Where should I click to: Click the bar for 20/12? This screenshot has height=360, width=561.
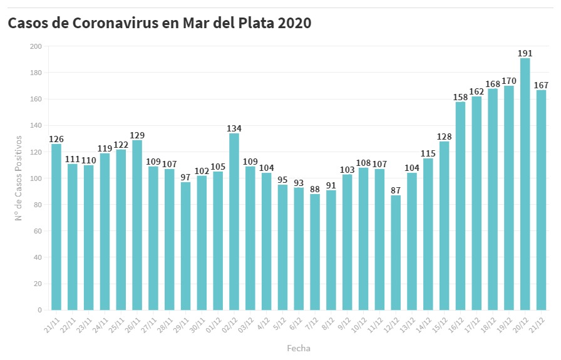pyautogui.click(x=525, y=184)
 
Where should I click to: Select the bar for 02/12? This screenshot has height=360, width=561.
pyautogui.click(x=234, y=222)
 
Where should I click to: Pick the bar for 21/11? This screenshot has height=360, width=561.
pyautogui.click(x=56, y=227)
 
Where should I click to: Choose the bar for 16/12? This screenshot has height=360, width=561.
pyautogui.click(x=460, y=205)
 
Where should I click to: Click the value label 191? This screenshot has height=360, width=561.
pyautogui.click(x=525, y=54)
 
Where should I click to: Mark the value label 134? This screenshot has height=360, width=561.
pyautogui.click(x=234, y=129)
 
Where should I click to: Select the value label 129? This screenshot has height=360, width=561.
pyautogui.click(x=137, y=135)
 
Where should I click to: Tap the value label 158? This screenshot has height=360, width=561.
pyautogui.click(x=460, y=97)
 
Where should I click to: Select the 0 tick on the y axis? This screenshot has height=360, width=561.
pyautogui.click(x=39, y=310)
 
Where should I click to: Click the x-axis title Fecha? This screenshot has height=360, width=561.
pyautogui.click(x=299, y=348)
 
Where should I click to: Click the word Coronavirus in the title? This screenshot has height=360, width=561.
pyautogui.click(x=125, y=23)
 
